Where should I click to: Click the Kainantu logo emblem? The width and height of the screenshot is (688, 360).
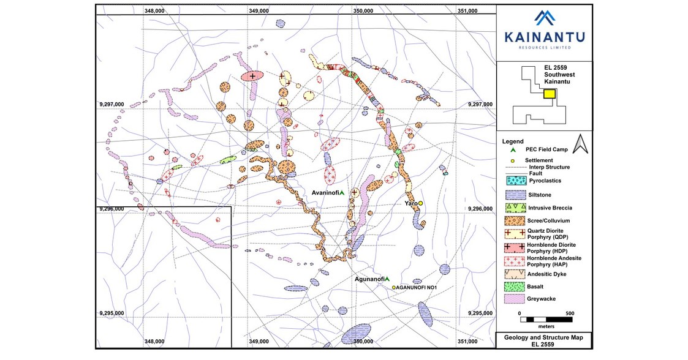(544, 20)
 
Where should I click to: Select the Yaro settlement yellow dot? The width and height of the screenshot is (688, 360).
(421, 203)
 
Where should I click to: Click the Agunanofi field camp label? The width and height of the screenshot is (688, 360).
(369, 279)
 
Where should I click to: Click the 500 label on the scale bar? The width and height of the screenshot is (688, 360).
(569, 313)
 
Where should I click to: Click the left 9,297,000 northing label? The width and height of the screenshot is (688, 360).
(112, 104)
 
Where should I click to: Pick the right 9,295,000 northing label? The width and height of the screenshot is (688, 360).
(480, 313)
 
